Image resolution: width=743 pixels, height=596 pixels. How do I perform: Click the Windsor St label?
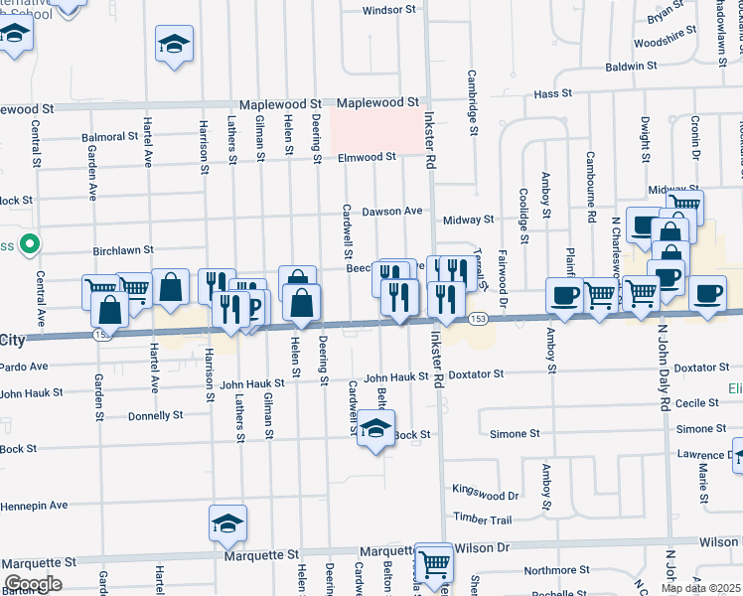(388, 10)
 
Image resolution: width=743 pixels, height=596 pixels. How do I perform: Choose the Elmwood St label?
(367, 157)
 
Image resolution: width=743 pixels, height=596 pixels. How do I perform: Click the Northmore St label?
(557, 570)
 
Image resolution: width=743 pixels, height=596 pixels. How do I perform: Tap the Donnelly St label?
(156, 415)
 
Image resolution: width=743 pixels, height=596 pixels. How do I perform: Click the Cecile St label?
(696, 404)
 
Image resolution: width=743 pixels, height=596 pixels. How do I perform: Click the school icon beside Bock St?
(375, 429)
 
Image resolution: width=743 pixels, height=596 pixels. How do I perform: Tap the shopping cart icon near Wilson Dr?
(434, 563)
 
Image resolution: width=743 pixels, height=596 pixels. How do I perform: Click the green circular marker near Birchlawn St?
(31, 243)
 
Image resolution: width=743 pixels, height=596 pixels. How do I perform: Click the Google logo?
(32, 584)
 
